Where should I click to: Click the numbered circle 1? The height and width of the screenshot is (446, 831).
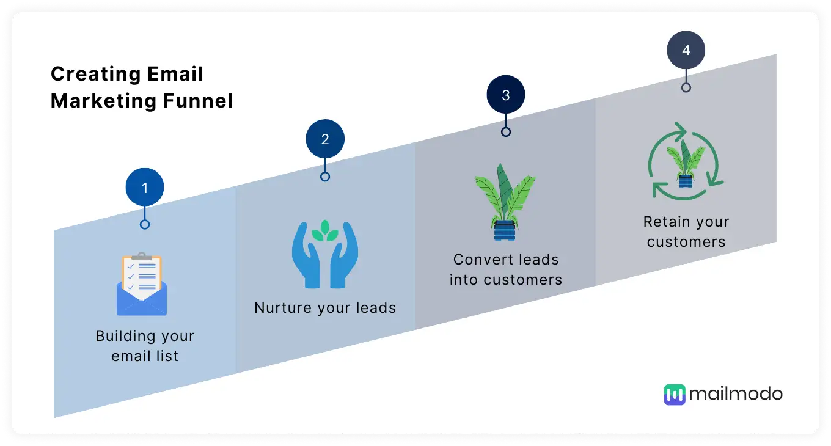pyautogui.click(x=145, y=187)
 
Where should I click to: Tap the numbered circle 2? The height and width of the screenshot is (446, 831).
pyautogui.click(x=325, y=139)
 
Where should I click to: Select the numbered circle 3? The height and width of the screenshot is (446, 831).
pyautogui.click(x=506, y=95)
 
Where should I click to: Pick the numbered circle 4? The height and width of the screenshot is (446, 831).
pyautogui.click(x=686, y=49)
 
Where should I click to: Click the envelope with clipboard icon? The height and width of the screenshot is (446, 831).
pyautogui.click(x=142, y=284)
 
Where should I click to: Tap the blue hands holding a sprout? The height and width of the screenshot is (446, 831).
pyautogui.click(x=325, y=254)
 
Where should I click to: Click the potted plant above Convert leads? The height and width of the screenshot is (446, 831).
pyautogui.click(x=505, y=202)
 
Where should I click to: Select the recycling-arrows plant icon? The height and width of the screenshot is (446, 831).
pyautogui.click(x=686, y=161)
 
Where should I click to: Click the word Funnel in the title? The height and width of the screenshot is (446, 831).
pyautogui.click(x=198, y=101)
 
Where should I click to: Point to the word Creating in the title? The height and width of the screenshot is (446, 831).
pyautogui.click(x=96, y=74)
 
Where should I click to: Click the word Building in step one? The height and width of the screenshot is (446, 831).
pyautogui.click(x=123, y=336)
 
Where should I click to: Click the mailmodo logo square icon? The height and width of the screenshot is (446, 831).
pyautogui.click(x=675, y=395)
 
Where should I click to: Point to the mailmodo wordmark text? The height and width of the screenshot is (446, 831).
pyautogui.click(x=736, y=393)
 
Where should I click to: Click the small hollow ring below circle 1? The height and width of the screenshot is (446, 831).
pyautogui.click(x=145, y=224)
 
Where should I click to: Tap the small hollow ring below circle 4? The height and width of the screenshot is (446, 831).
pyautogui.click(x=686, y=87)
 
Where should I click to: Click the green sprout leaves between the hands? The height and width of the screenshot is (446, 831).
pyautogui.click(x=325, y=230)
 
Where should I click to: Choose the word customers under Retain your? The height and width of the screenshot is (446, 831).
pyautogui.click(x=686, y=242)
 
